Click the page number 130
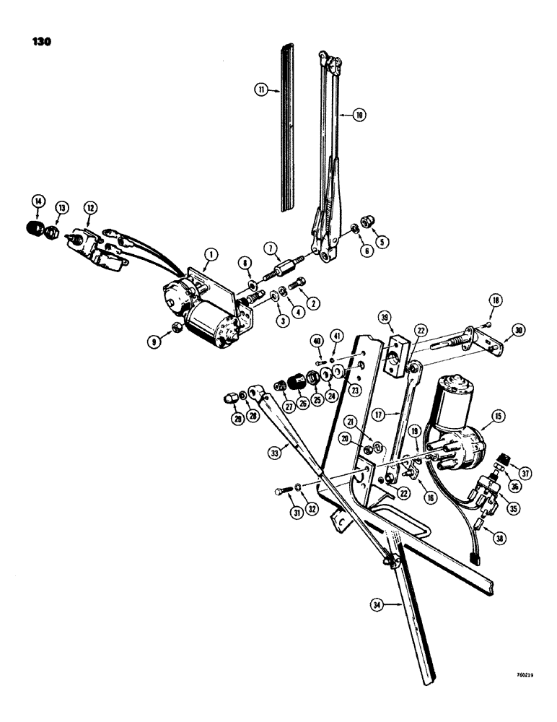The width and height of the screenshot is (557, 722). (x=41, y=42)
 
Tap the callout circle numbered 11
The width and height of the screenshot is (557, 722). (x=260, y=90)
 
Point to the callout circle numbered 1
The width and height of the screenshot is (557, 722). (x=209, y=253)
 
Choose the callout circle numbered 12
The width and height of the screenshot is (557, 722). (x=91, y=208)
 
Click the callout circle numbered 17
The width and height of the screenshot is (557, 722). (x=381, y=416)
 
